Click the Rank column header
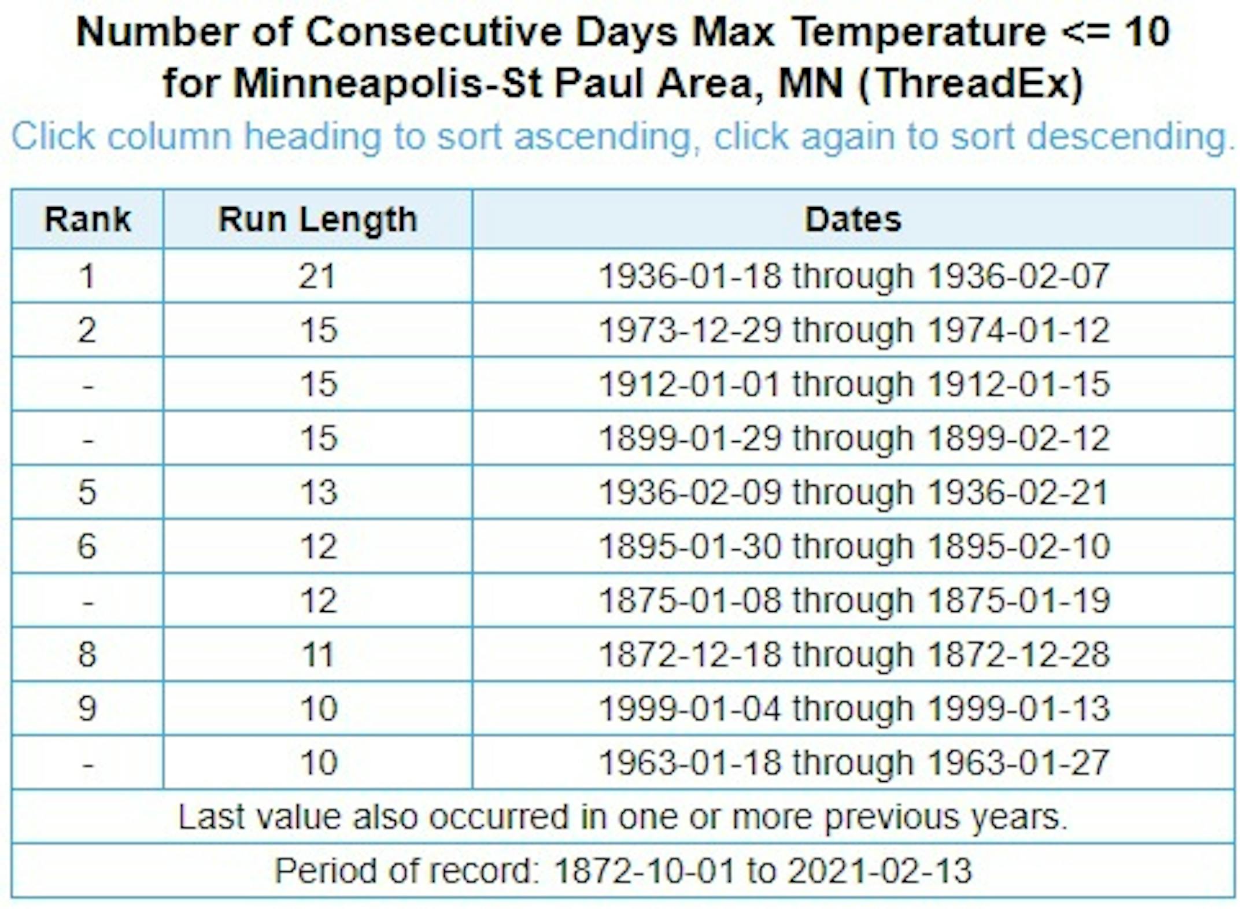tap(87, 220)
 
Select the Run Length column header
tap(317, 220)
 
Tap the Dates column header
tap(853, 220)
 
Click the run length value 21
tap(317, 276)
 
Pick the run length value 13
tap(318, 492)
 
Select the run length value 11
tap(318, 655)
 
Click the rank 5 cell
tap(87, 492)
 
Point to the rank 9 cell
tap(87, 708)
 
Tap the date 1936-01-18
tap(690, 276)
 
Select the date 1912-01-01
tap(690, 384)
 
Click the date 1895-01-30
tap(690, 546)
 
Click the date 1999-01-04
tap(690, 708)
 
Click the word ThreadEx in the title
tap(971, 84)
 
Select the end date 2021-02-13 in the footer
tap(880, 871)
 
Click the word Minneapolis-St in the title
tap(387, 84)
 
